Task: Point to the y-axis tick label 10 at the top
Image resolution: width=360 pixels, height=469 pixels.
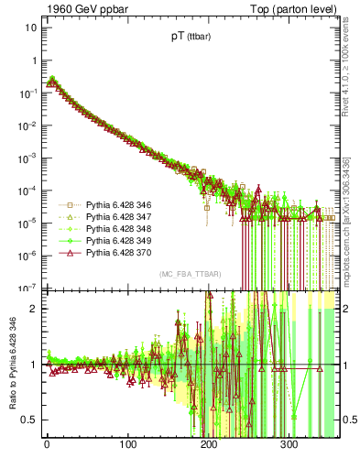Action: click(30, 27)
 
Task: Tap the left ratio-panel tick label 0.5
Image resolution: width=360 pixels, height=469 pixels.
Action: click(28, 420)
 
